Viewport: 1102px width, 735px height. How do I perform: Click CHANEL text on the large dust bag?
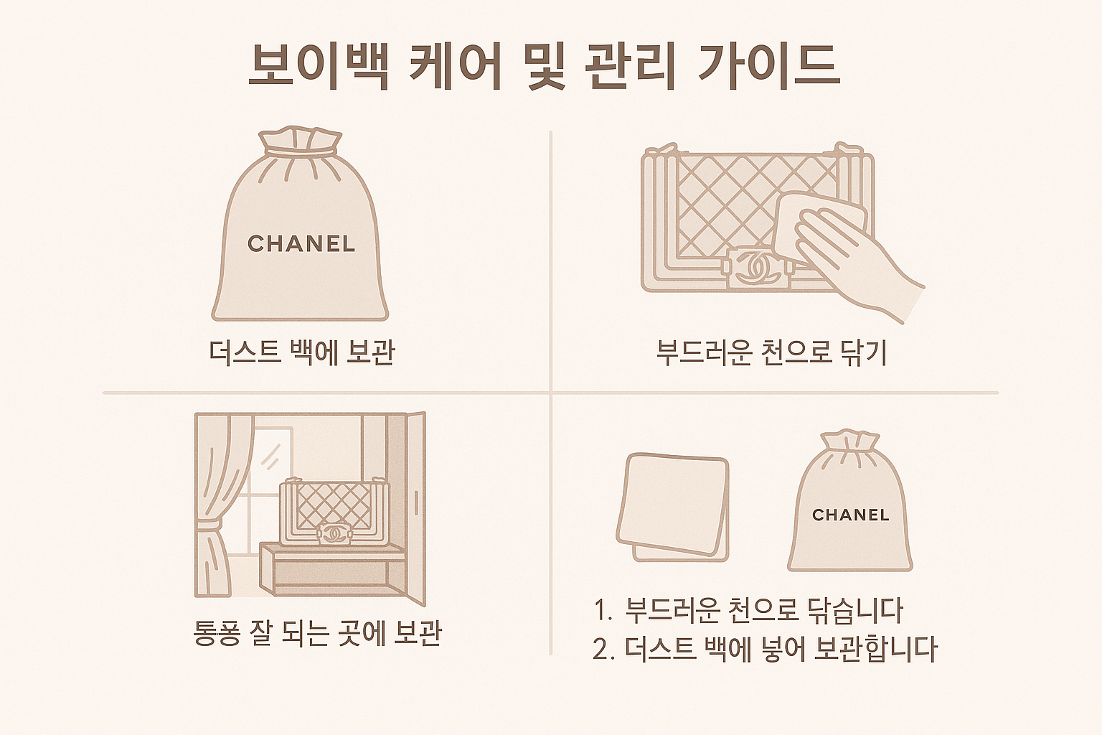click(x=301, y=244)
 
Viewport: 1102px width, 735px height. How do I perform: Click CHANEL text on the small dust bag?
click(x=851, y=515)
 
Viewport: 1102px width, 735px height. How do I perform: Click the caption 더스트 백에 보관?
click(x=301, y=353)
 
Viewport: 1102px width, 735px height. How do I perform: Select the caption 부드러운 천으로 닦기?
click(x=772, y=353)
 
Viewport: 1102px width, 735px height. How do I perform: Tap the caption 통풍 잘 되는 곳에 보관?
click(x=318, y=633)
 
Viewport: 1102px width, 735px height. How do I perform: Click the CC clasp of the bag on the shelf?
click(x=334, y=533)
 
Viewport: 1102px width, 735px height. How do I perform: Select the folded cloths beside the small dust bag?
click(x=673, y=507)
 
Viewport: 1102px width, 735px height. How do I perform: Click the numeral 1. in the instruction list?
click(x=603, y=610)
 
